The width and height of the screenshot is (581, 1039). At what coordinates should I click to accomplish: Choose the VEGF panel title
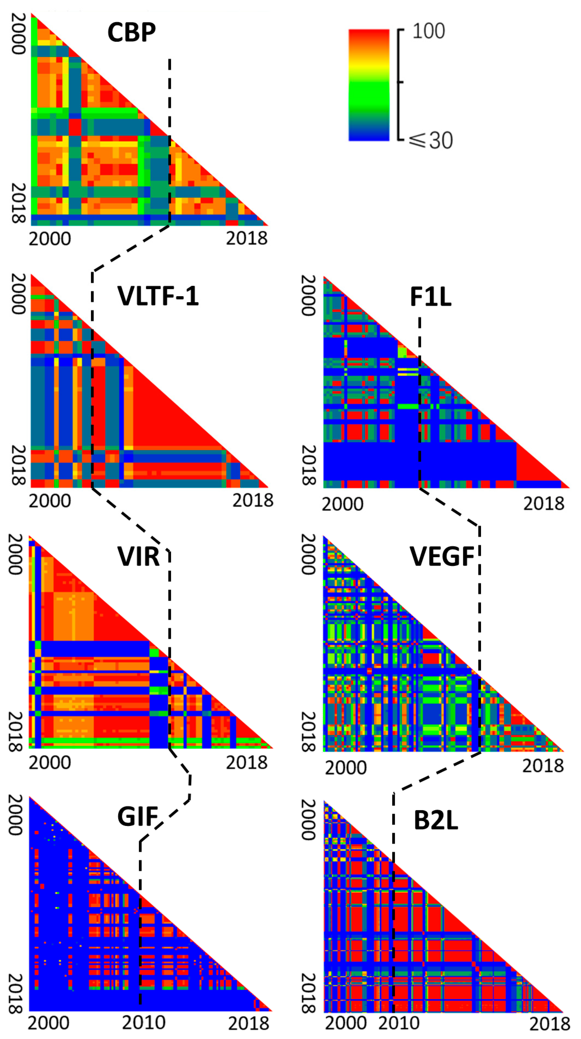(x=442, y=557)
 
